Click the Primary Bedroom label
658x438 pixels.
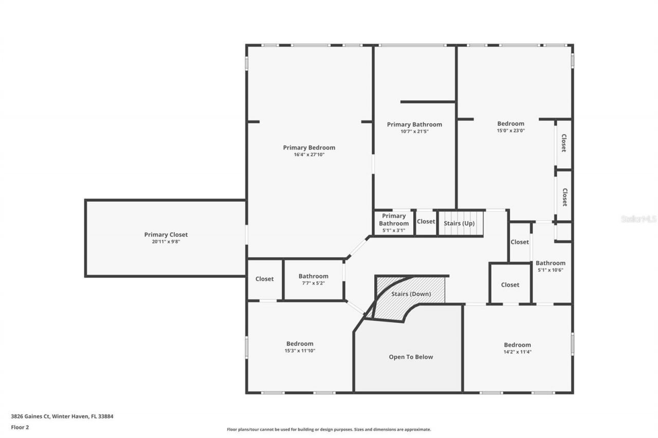[x=309, y=148]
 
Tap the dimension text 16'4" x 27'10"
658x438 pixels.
[x=309, y=155]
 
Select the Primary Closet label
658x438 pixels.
[x=166, y=235]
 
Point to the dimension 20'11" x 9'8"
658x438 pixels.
[x=166, y=241]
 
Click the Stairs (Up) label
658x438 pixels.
[x=459, y=223]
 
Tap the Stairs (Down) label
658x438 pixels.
[x=411, y=294]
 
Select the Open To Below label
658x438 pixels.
[x=411, y=357]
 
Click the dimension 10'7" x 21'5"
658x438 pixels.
[x=414, y=131]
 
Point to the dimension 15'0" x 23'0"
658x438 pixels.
[x=510, y=130]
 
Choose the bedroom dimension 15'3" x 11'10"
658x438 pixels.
[x=300, y=351]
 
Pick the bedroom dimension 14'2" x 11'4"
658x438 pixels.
[x=517, y=352]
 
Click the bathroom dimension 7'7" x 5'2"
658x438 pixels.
[x=313, y=283]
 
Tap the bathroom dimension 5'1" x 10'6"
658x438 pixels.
[x=550, y=270]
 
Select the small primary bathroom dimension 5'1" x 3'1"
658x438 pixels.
[x=394, y=231]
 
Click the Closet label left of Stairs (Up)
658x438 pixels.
[x=426, y=222]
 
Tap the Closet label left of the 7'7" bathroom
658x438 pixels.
[x=264, y=279]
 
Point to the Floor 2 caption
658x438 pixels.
[x=20, y=427]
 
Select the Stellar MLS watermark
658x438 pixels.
[x=638, y=219]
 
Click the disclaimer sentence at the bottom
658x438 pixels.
[x=329, y=429]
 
